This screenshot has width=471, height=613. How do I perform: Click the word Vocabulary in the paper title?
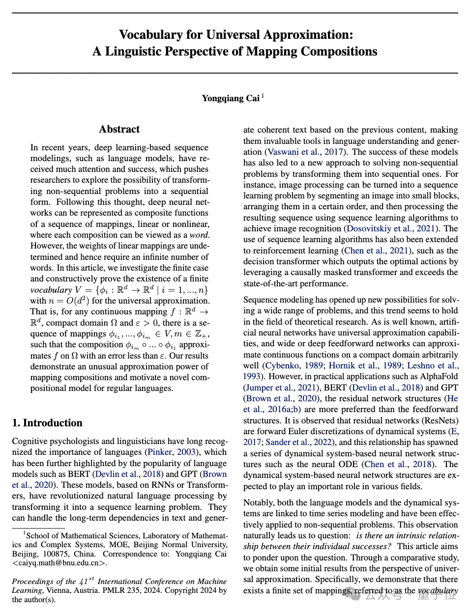pos(151,35)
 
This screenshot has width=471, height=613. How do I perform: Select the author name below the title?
pos(231,98)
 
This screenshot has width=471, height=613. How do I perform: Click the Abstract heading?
pos(119,129)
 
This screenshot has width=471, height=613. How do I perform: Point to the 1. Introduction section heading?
pos(47,423)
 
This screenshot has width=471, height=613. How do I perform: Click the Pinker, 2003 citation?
pos(173,452)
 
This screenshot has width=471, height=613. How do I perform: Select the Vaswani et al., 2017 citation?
pos(305,152)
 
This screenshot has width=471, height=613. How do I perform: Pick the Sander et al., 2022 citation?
pos(300,442)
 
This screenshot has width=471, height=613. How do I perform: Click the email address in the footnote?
pos(59,563)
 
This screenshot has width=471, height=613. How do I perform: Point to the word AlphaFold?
pos(439,376)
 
